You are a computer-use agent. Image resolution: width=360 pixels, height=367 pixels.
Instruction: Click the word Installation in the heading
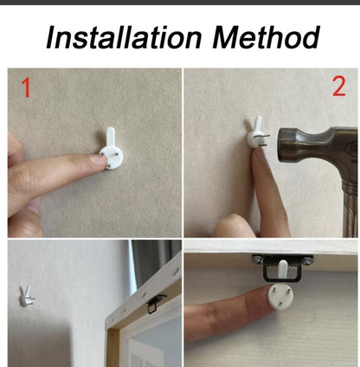pyautogui.click(x=124, y=37)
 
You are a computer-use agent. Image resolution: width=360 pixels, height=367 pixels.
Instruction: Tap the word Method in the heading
pyautogui.click(x=266, y=37)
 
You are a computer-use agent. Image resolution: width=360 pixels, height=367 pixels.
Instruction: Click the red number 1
pyautogui.click(x=26, y=88)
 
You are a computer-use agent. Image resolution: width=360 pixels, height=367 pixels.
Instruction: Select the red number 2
pyautogui.click(x=339, y=87)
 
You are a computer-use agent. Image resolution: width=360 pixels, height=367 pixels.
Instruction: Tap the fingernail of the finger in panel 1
pyautogui.click(x=98, y=159)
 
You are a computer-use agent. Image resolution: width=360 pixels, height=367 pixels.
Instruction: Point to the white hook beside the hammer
pyautogui.click(x=257, y=134)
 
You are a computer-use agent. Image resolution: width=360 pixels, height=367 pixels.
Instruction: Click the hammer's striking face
pyautogui.click(x=281, y=145)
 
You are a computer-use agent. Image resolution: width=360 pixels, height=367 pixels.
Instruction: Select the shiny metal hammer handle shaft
pyautogui.click(x=350, y=208)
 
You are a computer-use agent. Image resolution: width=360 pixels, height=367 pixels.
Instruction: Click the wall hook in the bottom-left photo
pyautogui.click(x=27, y=296)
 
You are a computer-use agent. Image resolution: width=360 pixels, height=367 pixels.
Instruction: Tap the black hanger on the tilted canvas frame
pyautogui.click(x=155, y=304)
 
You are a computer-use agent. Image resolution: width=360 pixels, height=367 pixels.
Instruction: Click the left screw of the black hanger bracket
pyautogui.click(x=257, y=260)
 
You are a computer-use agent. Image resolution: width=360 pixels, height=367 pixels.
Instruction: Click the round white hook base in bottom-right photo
pyautogui.click(x=280, y=297)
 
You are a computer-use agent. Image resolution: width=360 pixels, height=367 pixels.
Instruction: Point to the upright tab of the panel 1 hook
pyautogui.click(x=111, y=136)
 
